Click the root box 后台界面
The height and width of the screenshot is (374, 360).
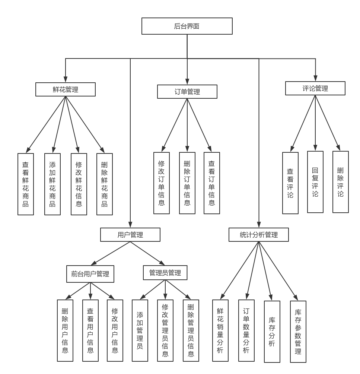187,26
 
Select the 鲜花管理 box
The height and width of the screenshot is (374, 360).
66,89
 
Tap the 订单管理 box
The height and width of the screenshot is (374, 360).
187,92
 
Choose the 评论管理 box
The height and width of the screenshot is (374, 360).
315,88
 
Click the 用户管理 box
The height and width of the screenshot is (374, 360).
130,235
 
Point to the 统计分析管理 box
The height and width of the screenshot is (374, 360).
258,235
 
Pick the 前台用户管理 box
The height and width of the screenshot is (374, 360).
90,274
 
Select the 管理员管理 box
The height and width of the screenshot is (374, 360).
165,273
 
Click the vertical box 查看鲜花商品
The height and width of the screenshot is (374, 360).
26,184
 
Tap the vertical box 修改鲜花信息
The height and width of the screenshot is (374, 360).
79,184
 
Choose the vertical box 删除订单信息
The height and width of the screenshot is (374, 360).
187,183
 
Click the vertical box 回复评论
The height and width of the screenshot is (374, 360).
315,182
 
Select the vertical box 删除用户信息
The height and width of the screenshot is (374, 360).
65,330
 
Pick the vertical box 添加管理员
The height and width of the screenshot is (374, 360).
140,330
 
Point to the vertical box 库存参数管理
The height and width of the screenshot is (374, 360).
298,332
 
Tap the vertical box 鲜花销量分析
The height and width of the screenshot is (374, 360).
220,330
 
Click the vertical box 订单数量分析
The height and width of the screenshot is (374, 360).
246,330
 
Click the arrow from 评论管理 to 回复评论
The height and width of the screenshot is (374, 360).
315,123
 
